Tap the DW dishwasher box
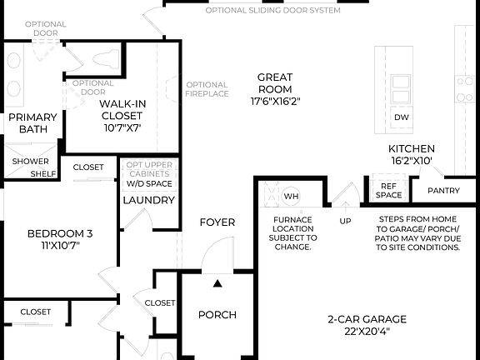(402, 117)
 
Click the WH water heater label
(291, 197)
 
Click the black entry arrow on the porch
(217, 284)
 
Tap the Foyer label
(217, 222)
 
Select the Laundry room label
(148, 200)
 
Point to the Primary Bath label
(32, 123)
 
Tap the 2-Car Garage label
(366, 325)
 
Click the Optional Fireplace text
(207, 89)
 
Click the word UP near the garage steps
(344, 222)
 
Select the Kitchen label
(411, 154)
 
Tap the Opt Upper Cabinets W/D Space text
(148, 172)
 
